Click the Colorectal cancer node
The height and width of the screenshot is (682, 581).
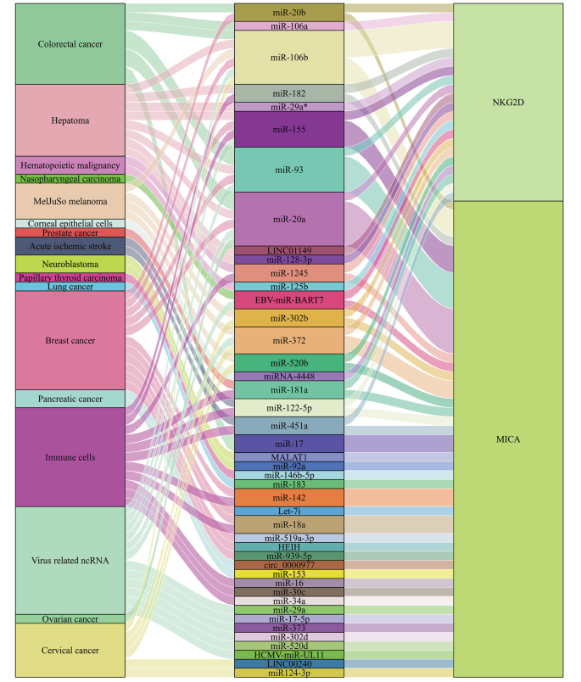coord(70,44)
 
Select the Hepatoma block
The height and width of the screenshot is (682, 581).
coord(70,120)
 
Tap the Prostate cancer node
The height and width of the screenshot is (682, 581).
coord(70,233)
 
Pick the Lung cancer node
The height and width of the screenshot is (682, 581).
coord(70,287)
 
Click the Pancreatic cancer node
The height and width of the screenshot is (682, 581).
coord(70,399)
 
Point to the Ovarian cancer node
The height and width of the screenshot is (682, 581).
coord(70,619)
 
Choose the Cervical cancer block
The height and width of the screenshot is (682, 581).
coord(70,651)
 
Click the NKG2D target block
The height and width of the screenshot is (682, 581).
coord(508,102)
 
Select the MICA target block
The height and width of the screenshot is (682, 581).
coord(508,439)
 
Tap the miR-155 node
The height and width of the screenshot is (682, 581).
coord(289,130)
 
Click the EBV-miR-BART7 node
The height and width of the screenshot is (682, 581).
coord(289,300)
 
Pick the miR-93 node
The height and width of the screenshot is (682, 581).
coord(289,170)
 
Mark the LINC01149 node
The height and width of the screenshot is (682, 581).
coord(289,250)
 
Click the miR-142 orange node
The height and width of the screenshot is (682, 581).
coord(289,498)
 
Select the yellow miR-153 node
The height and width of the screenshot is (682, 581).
coord(289,574)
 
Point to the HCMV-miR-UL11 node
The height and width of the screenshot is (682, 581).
coord(289,654)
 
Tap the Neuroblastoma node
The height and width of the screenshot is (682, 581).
coord(70,264)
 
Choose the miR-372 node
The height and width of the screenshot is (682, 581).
coord(289,340)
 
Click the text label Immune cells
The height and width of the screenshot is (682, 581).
coord(70,457)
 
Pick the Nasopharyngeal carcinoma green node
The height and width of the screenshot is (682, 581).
coord(70,179)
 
